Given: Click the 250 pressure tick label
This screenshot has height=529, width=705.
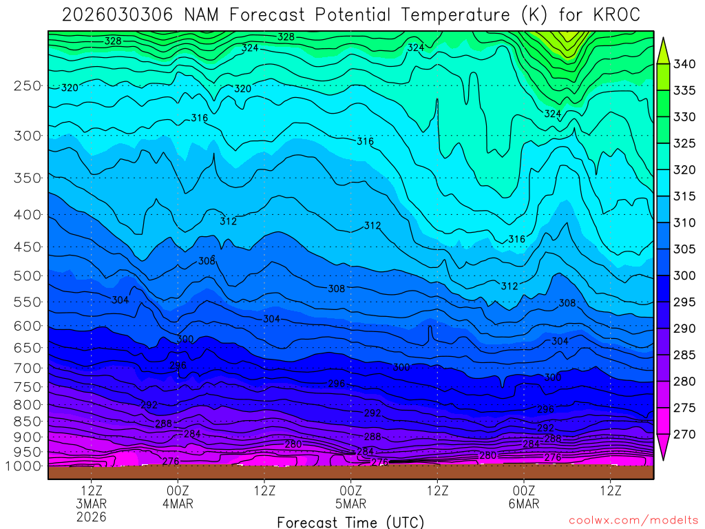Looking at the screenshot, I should [x=27, y=86].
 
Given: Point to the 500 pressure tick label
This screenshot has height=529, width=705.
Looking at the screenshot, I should [x=27, y=276].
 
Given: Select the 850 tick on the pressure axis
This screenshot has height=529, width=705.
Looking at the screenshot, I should [x=27, y=421].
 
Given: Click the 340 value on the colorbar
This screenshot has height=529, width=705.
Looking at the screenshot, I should [x=684, y=65].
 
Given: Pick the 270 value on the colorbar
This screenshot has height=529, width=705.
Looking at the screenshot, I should [x=684, y=434].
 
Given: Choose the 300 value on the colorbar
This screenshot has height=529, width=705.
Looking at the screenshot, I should [x=684, y=276].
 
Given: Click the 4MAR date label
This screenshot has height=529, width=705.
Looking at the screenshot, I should [x=178, y=504].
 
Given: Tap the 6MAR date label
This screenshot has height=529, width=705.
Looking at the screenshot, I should [x=524, y=504].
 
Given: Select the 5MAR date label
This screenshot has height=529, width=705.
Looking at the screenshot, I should [x=351, y=504].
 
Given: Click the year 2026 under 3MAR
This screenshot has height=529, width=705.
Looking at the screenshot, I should [x=92, y=517].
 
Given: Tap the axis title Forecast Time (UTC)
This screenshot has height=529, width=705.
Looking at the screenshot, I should [x=350, y=521].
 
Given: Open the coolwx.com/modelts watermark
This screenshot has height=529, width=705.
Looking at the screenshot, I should [x=633, y=521].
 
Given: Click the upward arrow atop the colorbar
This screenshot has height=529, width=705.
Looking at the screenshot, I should [x=664, y=49].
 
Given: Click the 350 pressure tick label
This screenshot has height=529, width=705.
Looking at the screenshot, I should [x=27, y=178].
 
